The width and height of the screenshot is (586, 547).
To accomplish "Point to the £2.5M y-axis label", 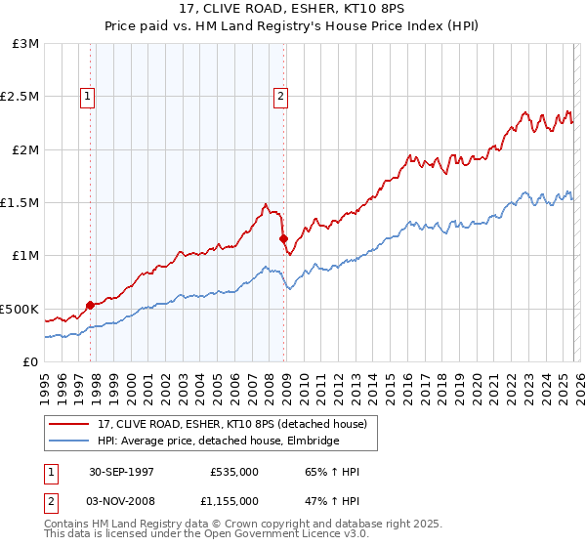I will (21, 97).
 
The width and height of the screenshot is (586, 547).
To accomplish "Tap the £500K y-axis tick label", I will (19, 309).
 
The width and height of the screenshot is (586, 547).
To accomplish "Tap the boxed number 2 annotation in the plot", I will (280, 96).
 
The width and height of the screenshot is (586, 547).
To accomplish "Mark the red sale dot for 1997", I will (91, 305).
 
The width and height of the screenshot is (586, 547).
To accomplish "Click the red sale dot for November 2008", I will (282, 238).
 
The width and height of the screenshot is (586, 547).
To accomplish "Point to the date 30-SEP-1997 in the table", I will (121, 472).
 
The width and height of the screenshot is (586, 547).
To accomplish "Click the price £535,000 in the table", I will (233, 472).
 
